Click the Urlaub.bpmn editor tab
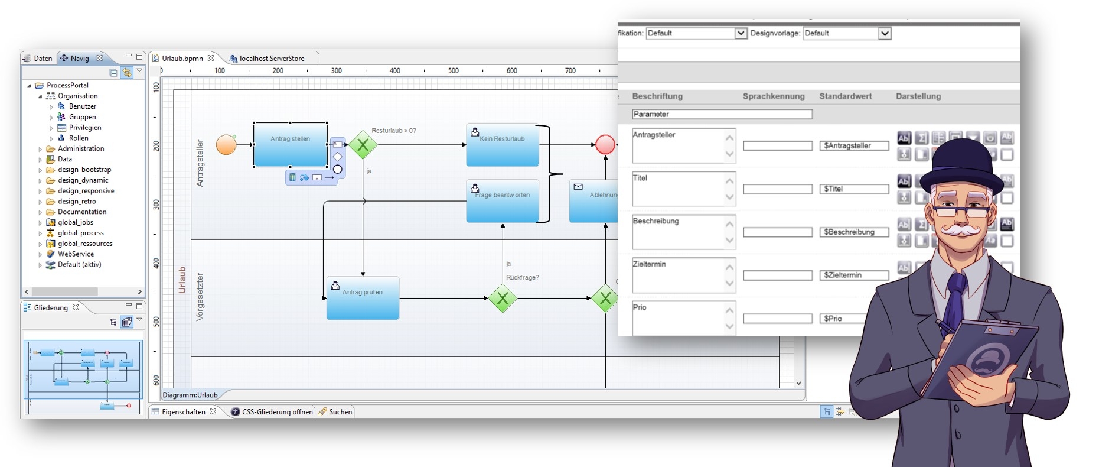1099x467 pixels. pyautogui.click(x=182, y=58)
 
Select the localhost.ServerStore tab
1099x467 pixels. pyautogui.click(x=271, y=58)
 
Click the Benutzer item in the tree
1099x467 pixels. pyautogui.click(x=82, y=106)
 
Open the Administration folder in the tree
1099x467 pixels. pyautogui.click(x=80, y=148)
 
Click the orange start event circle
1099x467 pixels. pyautogui.click(x=226, y=145)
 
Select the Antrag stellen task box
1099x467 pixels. pyautogui.click(x=290, y=145)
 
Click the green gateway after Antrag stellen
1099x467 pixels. pyautogui.click(x=363, y=145)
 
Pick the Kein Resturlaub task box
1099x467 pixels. pyautogui.click(x=502, y=145)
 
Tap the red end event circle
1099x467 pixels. pyautogui.click(x=605, y=145)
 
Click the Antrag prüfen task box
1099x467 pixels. pyautogui.click(x=363, y=298)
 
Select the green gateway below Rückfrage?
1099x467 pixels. pyautogui.click(x=503, y=299)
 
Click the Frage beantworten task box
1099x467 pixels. pyautogui.click(x=502, y=201)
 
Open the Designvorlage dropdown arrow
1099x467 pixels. pyautogui.click(x=884, y=33)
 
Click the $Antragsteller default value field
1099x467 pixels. pyautogui.click(x=853, y=146)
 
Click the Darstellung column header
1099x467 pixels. pyautogui.click(x=918, y=96)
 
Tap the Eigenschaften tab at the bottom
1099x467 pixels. pyautogui.click(x=183, y=412)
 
